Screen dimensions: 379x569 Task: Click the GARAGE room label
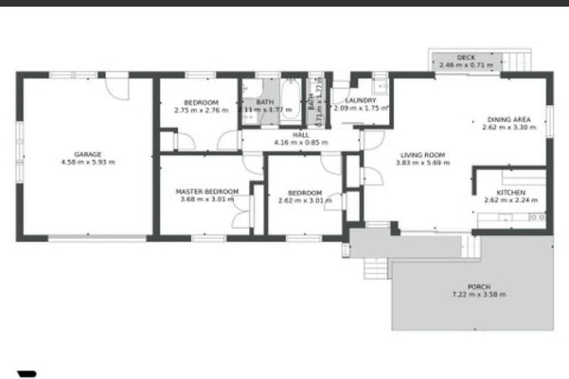[87, 155]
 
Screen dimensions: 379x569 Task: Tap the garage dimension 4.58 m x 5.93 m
[87, 162]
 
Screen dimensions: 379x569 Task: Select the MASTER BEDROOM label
[207, 192]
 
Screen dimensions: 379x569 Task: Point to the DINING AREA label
[508, 119]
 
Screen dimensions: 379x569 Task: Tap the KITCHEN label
[510, 192]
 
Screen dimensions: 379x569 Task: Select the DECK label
[465, 58]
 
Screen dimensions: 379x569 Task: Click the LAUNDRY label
[360, 101]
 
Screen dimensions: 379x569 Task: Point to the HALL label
[301, 135]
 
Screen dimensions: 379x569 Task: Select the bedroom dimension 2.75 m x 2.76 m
[201, 110]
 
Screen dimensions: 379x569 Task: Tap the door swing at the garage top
[116, 87]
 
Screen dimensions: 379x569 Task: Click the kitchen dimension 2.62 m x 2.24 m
[510, 200]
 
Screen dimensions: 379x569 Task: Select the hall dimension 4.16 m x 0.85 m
[301, 142]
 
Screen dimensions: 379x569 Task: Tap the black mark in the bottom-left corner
[27, 374]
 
